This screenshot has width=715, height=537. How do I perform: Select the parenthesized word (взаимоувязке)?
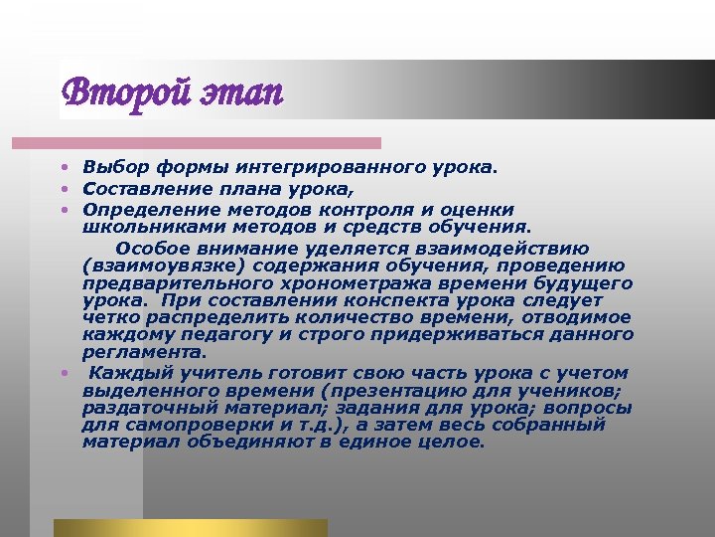coord(165,266)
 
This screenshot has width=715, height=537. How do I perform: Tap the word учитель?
coord(203,372)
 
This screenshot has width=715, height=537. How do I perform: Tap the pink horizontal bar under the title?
coord(217,143)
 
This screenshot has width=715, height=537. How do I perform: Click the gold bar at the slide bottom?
coord(190,527)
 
